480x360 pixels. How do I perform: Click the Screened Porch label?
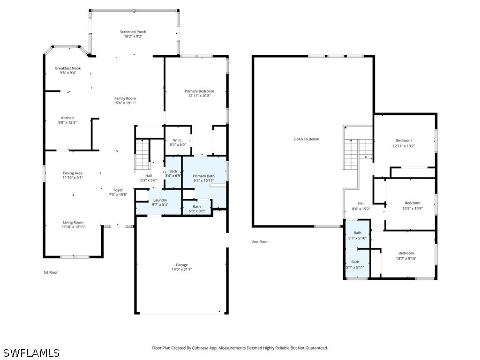[133, 32]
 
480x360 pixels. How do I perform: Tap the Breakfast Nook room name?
[67, 68]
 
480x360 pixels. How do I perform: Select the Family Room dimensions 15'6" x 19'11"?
[125, 103]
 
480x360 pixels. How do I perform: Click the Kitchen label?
[67, 118]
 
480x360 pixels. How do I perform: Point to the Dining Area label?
[73, 173]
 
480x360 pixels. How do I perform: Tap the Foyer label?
[118, 190]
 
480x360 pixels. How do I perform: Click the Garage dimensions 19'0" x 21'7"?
[181, 270]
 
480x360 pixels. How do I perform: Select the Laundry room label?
[160, 200]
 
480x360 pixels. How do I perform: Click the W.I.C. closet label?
[178, 140]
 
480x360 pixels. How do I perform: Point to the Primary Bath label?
[203, 176]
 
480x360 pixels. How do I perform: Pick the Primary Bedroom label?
[199, 91]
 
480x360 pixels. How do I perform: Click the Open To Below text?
[306, 139]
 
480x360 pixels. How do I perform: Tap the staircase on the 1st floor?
[142, 154]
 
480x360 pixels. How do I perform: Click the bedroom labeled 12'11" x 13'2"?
[404, 145]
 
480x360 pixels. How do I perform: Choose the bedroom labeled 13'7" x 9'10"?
[406, 258]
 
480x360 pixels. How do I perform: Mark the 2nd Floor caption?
[260, 242]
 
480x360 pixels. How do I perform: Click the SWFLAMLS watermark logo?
[31, 352]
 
